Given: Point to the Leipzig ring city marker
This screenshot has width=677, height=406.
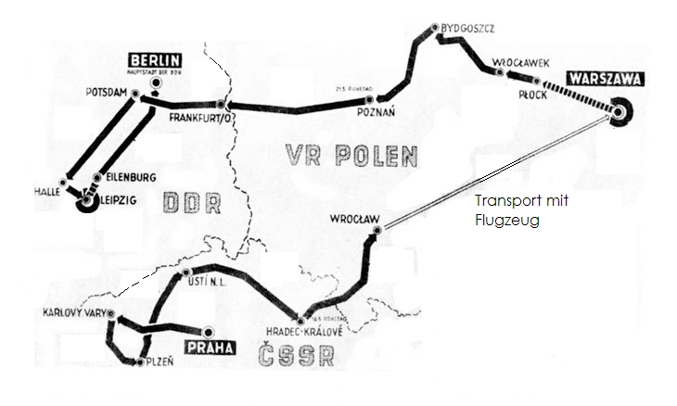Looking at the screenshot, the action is pyautogui.click(x=87, y=200).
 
